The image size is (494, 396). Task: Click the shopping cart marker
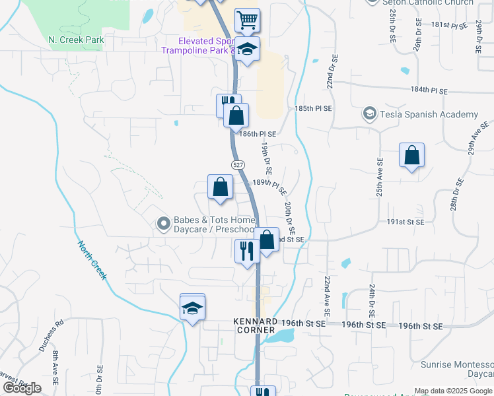point(247,20)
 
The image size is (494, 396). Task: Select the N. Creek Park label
point(77,40)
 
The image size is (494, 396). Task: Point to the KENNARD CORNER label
point(256,325)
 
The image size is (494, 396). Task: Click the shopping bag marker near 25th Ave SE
point(411,156)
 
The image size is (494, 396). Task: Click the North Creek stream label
point(92,260)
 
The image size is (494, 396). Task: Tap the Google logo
point(22,388)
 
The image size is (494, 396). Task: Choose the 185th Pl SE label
point(314,108)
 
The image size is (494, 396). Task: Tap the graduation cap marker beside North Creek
point(192,308)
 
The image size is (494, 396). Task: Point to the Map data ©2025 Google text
point(454,391)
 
